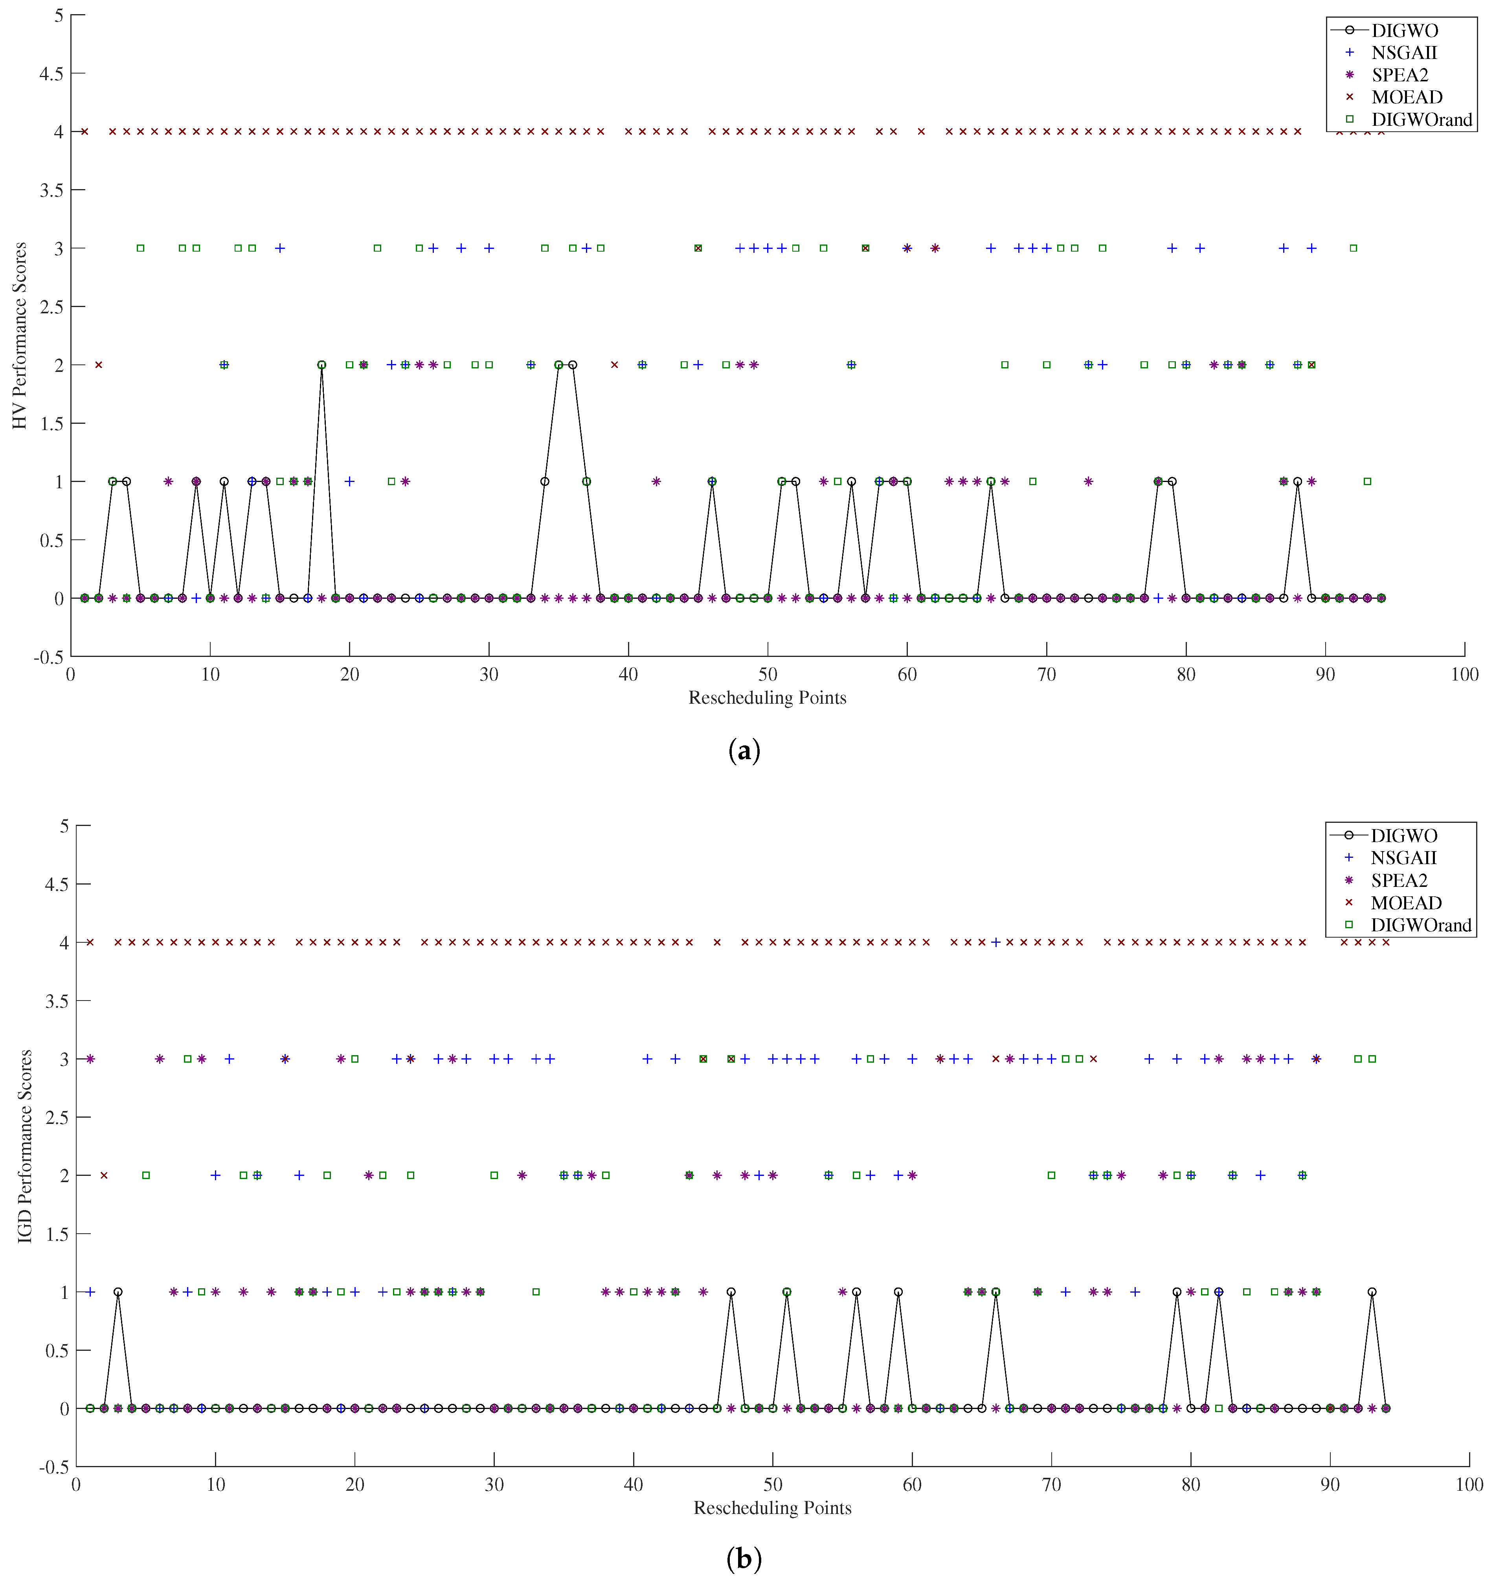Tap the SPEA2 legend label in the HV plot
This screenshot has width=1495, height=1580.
[x=1399, y=75]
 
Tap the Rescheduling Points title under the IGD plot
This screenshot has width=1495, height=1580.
[x=772, y=1507]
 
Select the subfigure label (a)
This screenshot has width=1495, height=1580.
[x=744, y=751]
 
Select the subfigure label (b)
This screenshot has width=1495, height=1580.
[x=744, y=1558]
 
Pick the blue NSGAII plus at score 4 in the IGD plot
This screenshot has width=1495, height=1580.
[x=995, y=942]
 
